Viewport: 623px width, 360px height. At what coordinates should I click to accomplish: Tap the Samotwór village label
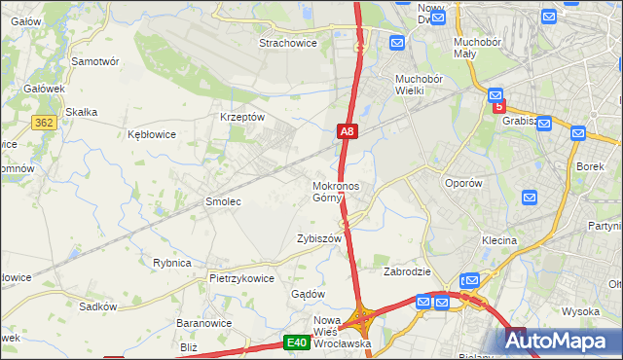[95, 60]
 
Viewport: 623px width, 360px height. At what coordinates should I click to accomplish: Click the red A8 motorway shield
[348, 130]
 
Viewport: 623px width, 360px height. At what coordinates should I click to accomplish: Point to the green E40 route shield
[297, 342]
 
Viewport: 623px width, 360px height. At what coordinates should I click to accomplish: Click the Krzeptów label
[243, 117]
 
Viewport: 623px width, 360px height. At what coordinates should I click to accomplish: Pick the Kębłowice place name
[152, 134]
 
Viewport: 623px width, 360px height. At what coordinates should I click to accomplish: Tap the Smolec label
[222, 201]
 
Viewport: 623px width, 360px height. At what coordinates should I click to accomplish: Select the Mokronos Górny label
[336, 192]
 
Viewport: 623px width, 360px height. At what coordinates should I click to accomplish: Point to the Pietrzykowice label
[241, 278]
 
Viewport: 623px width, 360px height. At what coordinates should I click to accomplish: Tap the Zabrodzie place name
[407, 271]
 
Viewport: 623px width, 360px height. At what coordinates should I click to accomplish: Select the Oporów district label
[462, 183]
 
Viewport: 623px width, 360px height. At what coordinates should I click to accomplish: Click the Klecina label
[497, 240]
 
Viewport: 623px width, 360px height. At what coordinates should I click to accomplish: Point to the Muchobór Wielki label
[419, 85]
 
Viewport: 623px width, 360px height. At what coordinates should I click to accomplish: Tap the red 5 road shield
[499, 107]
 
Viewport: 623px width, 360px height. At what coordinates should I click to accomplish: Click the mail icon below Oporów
[530, 198]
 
